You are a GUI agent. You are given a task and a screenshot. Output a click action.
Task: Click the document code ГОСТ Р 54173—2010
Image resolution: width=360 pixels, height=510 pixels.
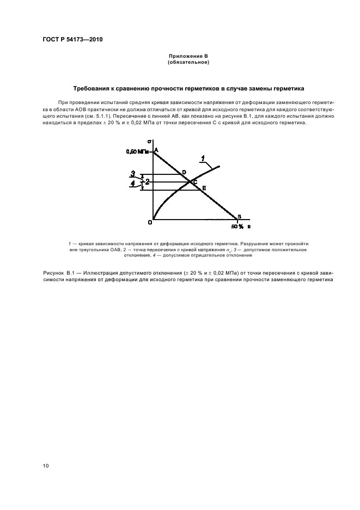(72, 40)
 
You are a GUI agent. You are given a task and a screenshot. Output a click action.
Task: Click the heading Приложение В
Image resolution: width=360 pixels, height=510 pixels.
(188, 57)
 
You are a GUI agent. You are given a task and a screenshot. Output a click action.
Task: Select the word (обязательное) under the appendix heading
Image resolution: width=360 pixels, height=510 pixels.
(188, 63)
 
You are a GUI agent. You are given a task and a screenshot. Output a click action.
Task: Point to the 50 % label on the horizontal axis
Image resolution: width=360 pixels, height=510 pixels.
(237, 226)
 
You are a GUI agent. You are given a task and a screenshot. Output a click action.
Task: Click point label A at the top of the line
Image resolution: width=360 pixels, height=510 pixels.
(156, 150)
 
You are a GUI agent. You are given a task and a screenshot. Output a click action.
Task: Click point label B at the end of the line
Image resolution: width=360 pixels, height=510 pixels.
(239, 217)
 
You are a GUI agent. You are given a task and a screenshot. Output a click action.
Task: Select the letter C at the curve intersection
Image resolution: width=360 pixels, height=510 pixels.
(195, 181)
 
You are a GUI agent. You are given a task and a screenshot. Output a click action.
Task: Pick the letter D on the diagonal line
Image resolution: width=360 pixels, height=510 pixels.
(184, 172)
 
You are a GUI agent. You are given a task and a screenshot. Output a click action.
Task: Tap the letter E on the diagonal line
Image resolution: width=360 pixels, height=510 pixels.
(204, 188)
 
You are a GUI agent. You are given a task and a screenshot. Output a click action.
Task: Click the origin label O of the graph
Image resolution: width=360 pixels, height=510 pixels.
(149, 222)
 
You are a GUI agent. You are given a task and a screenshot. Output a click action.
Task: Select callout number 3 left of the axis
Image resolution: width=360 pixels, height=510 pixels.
(132, 174)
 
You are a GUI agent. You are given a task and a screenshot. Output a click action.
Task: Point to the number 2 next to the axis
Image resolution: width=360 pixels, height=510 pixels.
(147, 181)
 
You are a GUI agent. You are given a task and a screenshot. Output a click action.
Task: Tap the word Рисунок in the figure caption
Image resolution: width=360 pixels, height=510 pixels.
(53, 271)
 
